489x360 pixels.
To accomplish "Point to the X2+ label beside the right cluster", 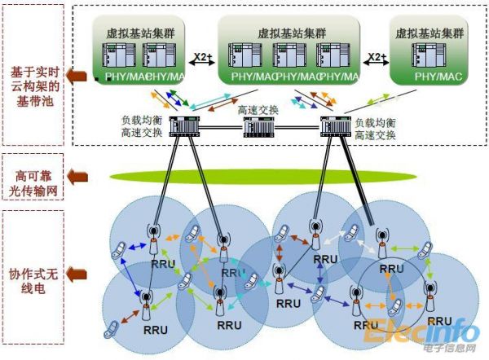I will click(x=376, y=58).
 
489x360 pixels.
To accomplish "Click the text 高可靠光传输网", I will click(x=34, y=182).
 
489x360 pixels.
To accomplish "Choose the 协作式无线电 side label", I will click(x=34, y=277).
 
